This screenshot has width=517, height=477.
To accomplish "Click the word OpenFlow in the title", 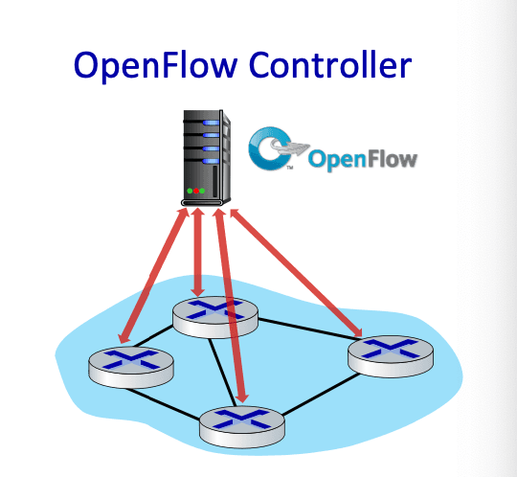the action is point(156,66).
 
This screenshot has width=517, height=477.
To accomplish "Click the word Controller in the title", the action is point(330,64).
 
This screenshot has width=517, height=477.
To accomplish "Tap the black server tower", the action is point(207,158).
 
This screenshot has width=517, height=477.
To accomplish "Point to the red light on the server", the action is point(196,191).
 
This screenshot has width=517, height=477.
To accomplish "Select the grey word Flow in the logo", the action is point(393,160).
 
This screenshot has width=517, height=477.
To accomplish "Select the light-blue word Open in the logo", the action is point(338,161).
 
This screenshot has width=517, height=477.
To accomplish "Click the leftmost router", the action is point(131,367).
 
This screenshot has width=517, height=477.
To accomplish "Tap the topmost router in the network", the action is point(215,317).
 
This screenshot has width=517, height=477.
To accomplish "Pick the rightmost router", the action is point(391,356).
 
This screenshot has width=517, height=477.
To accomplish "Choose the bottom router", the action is point(242,427).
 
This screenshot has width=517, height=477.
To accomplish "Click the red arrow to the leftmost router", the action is point(153,276).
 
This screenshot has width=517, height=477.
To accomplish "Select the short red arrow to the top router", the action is point(197,252).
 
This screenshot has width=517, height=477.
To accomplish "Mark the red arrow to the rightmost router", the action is point(296,273).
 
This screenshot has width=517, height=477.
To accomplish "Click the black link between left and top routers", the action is point(153,336).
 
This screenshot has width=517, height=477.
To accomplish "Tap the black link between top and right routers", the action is point(307,329).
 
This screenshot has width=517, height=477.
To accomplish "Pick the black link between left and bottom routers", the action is point(162,404).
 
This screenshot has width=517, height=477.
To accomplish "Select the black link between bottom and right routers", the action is point(321,395).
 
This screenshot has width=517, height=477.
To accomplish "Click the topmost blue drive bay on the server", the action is point(211,123).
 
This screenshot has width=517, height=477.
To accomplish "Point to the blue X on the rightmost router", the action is point(391,349).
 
